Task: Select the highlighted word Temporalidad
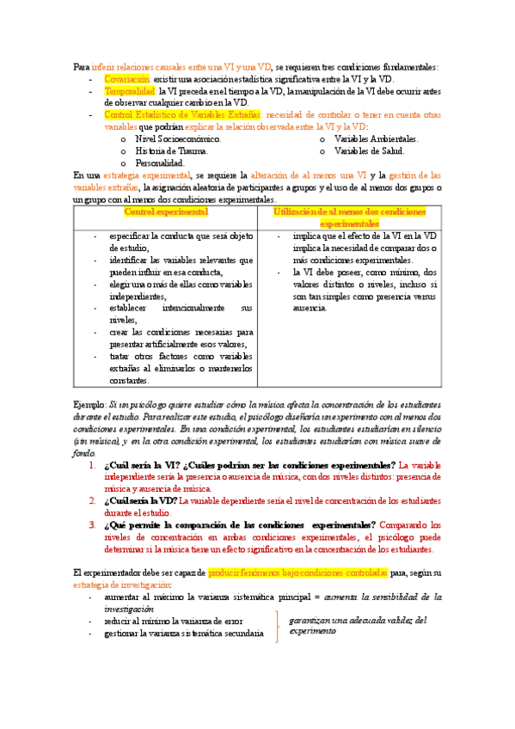[130, 90]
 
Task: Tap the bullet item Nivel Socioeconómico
[178, 138]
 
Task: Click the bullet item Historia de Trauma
[172, 150]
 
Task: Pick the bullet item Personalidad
[160, 162]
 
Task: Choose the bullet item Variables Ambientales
[376, 138]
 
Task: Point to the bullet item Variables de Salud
[369, 150]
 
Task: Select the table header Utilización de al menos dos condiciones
[354, 211]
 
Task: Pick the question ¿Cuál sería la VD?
[140, 500]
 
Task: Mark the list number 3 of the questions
[93, 524]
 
